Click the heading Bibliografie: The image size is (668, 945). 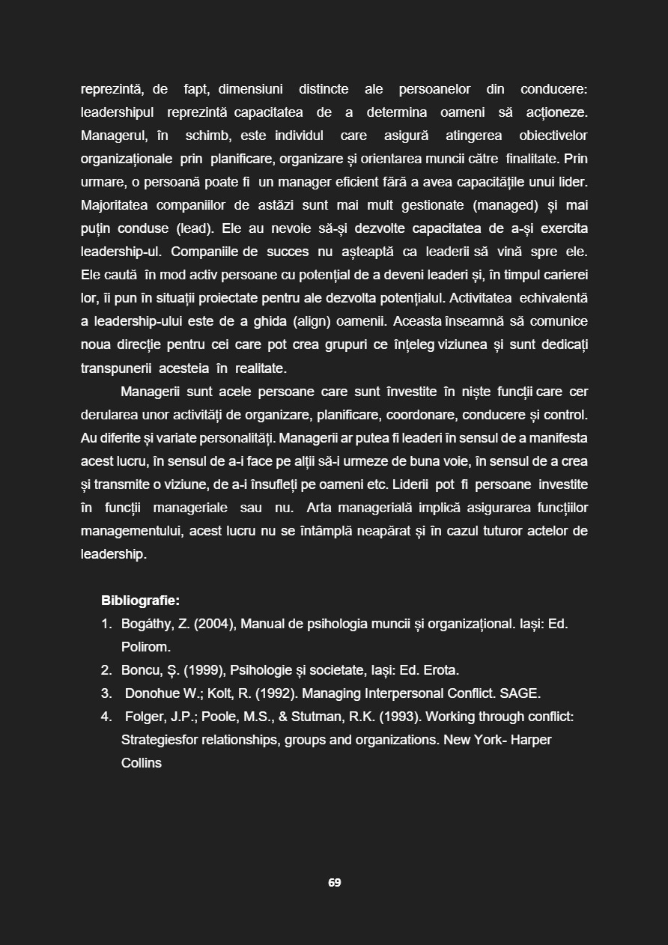pyautogui.click(x=140, y=601)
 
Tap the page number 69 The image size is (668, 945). pyautogui.click(x=334, y=883)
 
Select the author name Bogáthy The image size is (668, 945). pyautogui.click(x=147, y=624)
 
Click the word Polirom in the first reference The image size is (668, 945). pyautogui.click(x=145, y=647)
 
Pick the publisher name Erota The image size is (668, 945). pyautogui.click(x=440, y=670)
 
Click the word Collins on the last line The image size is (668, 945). pyautogui.click(x=142, y=763)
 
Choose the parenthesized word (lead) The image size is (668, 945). pyautogui.click(x=194, y=228)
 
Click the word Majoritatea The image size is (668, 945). pyautogui.click(x=114, y=205)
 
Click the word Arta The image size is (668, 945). pyautogui.click(x=319, y=508)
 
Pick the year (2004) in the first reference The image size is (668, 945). pyautogui.click(x=216, y=624)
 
